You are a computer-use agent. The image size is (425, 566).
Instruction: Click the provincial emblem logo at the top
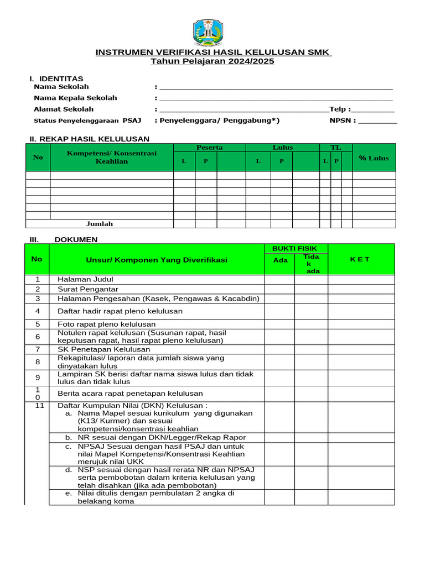pyautogui.click(x=208, y=33)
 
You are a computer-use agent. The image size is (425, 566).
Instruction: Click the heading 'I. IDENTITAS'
pyautogui.click(x=56, y=78)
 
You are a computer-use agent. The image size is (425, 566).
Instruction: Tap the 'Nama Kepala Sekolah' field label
pyautogui.click(x=75, y=98)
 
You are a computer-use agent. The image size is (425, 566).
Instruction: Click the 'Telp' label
pyautogui.click(x=340, y=109)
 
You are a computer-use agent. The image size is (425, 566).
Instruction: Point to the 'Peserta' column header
pyautogui.click(x=209, y=148)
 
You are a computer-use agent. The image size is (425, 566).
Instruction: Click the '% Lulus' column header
pyautogui.click(x=374, y=158)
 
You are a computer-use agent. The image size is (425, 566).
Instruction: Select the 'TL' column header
pyautogui.click(x=335, y=148)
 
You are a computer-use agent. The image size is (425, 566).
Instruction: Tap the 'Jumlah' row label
pyautogui.click(x=100, y=224)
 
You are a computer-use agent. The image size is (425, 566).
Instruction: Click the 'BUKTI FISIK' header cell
pyautogui.click(x=296, y=249)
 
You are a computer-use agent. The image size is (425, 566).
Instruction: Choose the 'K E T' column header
pyautogui.click(x=361, y=259)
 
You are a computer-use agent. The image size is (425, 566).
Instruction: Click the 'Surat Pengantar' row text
pyautogui.click(x=88, y=289)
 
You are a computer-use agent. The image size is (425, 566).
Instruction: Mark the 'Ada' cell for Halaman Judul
pyautogui.click(x=279, y=280)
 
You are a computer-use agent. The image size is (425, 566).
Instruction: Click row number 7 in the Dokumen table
pyautogui.click(x=38, y=349)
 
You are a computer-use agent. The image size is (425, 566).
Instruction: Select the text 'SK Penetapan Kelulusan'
pyautogui.click(x=103, y=349)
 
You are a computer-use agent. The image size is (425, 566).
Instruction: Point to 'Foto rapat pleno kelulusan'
pyautogui.click(x=106, y=324)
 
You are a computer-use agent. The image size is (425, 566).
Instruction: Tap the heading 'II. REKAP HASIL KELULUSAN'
pyautogui.click(x=89, y=139)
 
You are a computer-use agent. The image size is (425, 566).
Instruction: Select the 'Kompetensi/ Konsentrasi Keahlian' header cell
pyautogui.click(x=112, y=157)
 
